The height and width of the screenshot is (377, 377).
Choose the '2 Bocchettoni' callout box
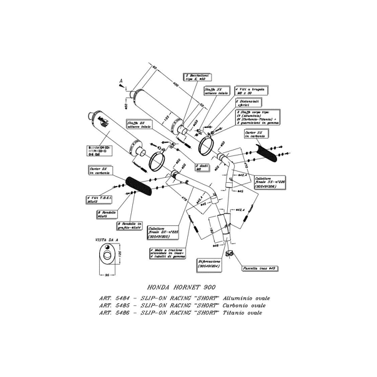tap(188, 77)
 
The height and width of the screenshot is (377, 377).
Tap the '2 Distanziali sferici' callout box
tap(247, 104)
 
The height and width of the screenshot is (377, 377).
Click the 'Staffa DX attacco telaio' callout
tap(137, 126)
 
